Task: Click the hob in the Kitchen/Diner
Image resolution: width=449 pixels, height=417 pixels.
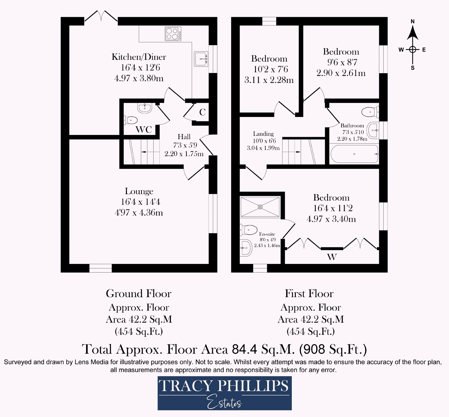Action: point(173,34)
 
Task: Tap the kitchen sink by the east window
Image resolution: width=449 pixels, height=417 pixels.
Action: point(201,59)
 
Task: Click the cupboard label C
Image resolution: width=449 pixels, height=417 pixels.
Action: point(202,112)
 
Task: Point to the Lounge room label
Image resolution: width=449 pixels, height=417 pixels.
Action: point(139,191)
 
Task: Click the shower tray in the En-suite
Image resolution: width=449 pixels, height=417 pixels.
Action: point(260,207)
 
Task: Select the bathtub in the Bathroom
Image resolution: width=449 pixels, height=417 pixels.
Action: point(354,154)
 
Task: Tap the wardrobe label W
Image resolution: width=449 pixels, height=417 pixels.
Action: point(332,257)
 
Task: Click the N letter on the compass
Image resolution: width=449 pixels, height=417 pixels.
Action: point(413,22)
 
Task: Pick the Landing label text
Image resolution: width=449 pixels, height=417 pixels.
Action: point(263,134)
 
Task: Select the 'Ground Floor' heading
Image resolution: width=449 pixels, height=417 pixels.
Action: point(139,294)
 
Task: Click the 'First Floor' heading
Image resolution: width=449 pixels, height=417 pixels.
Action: point(309,294)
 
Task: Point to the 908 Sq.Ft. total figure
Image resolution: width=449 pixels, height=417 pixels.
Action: point(333,349)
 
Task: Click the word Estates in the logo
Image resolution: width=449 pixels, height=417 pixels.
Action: point(224,403)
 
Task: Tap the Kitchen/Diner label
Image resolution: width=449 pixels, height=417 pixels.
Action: point(139,57)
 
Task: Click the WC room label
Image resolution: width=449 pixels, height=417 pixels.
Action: point(144,130)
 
